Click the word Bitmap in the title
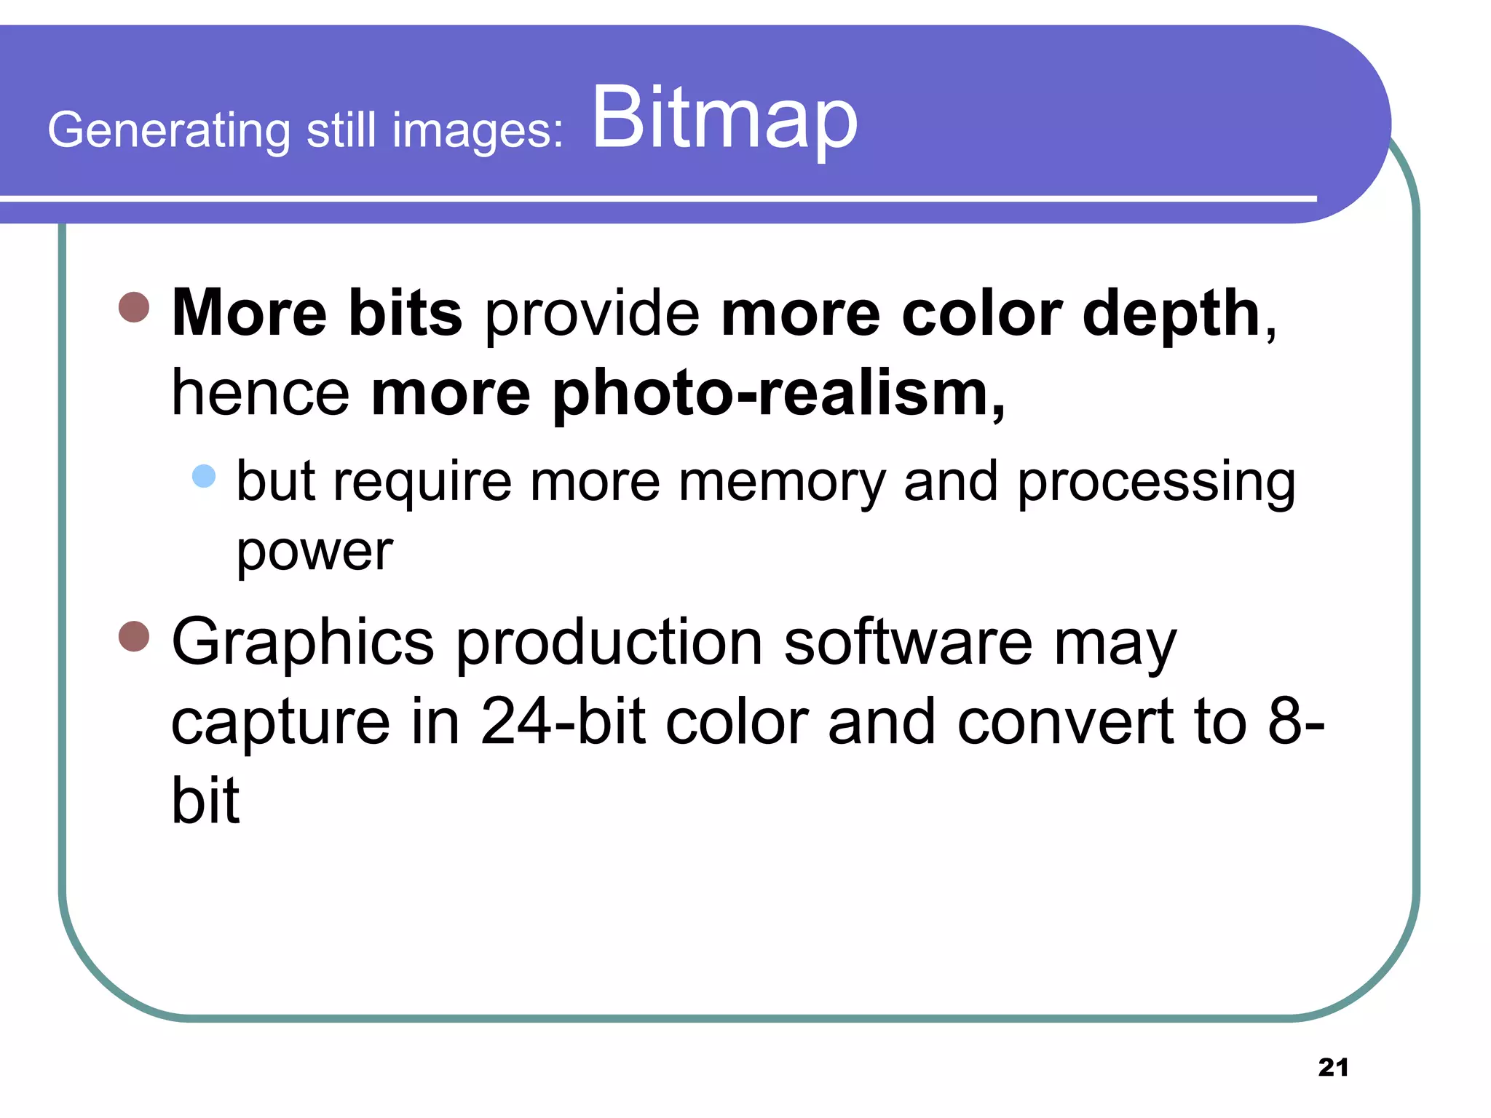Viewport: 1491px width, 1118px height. [724, 119]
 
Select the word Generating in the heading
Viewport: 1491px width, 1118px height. [169, 131]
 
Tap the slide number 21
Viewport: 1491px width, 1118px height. [1333, 1067]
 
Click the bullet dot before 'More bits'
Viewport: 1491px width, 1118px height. [134, 307]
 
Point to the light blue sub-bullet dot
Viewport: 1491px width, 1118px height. [204, 476]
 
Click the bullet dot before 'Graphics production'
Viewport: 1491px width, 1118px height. [134, 636]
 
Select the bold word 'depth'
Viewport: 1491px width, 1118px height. [1171, 314]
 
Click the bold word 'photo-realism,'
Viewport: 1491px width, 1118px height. [688, 394]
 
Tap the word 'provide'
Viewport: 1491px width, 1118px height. [591, 313]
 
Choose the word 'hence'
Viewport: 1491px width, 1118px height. [261, 394]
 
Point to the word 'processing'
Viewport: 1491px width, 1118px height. [1156, 483]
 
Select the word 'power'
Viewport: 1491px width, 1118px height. [315, 553]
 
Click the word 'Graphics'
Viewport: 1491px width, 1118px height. [303, 643]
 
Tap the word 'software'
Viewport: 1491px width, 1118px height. [908, 642]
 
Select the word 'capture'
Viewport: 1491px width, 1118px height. [281, 723]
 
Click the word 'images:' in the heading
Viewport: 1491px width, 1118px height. [478, 131]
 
